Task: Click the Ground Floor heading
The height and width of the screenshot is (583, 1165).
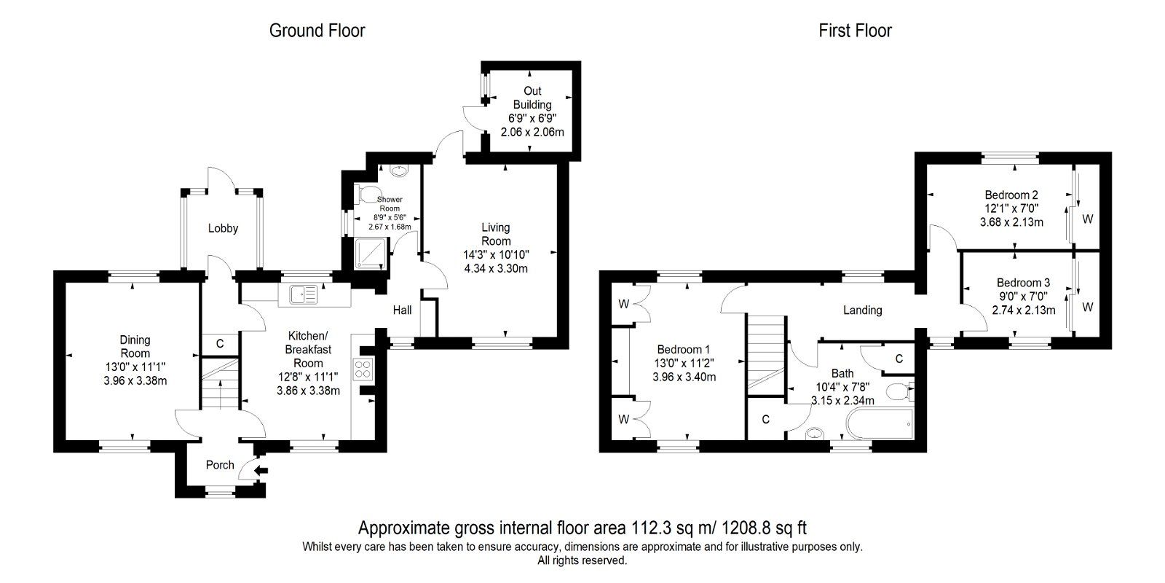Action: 317,31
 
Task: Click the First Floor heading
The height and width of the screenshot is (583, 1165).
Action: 855,31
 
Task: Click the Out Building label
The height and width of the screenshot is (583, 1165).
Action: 532,98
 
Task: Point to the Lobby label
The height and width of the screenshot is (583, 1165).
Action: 223,228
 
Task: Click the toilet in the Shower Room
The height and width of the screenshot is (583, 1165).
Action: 366,195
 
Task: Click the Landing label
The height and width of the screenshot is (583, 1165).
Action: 862,310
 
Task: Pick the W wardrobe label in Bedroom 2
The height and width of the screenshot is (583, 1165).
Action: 1087,219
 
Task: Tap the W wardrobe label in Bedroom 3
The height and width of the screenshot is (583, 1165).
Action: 1087,308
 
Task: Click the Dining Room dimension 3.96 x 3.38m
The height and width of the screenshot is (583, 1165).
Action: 135,380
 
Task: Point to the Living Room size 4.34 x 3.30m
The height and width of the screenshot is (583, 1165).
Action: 495,268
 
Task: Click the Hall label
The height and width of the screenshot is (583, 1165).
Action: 402,310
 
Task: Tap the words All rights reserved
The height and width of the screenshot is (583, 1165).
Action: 582,560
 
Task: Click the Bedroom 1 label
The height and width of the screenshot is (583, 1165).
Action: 684,349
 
